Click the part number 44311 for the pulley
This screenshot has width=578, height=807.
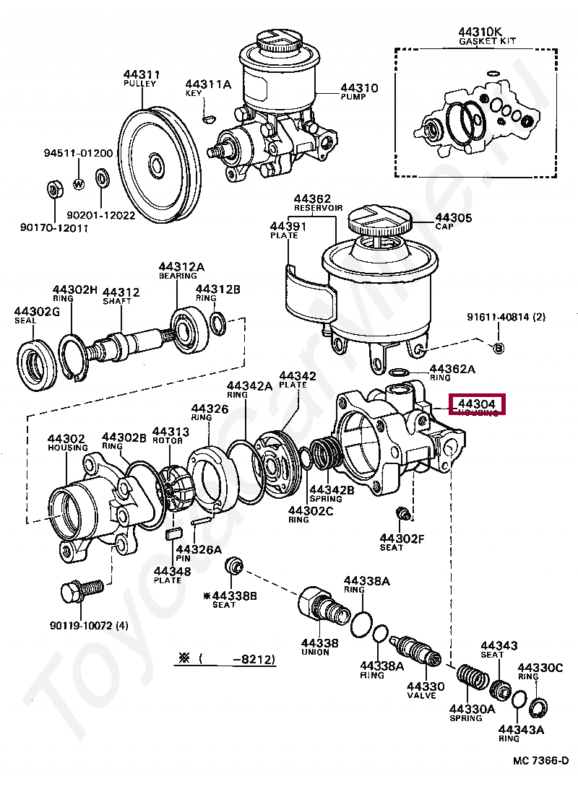point(141,74)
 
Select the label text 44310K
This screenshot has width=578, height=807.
point(479,32)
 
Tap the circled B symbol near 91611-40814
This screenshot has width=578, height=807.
point(499,348)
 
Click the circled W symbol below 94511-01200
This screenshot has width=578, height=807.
point(79,182)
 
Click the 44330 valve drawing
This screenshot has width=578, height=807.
point(417,651)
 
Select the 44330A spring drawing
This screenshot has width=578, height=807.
point(472,681)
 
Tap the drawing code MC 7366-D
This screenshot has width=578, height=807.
point(540,761)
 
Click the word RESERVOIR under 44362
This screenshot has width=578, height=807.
point(317,208)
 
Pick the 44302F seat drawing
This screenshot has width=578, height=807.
point(404,514)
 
